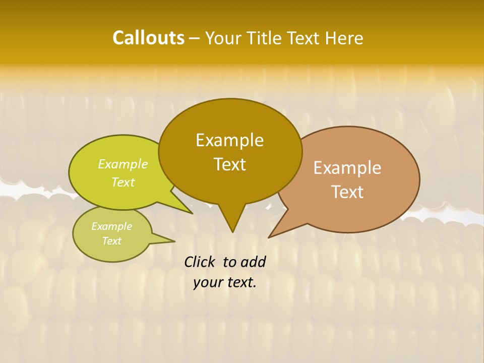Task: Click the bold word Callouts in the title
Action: [x=148, y=38]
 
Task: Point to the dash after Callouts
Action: [x=195, y=38]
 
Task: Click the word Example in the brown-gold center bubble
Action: [x=229, y=140]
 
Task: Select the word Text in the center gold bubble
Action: [x=229, y=164]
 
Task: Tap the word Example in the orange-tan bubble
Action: [x=347, y=168]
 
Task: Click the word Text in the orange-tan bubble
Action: [x=347, y=192]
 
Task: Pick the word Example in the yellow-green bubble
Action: [x=123, y=164]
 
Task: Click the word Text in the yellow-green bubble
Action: [x=123, y=182]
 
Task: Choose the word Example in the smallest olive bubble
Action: [x=111, y=226]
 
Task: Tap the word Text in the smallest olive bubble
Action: [x=111, y=241]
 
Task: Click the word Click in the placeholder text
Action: [x=200, y=262]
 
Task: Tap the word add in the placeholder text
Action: [x=253, y=262]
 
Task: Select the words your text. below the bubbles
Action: [x=225, y=282]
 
